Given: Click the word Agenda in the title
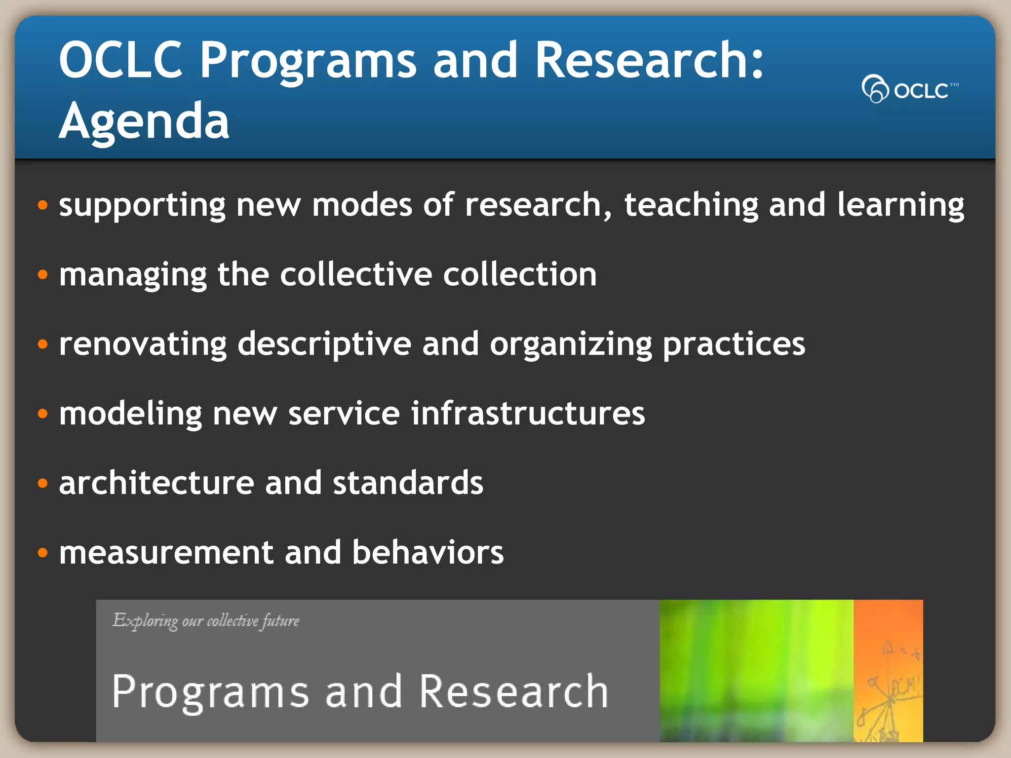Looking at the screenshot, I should [x=144, y=121].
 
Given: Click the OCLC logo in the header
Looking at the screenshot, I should [x=909, y=89].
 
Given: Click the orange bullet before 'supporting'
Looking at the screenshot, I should [x=43, y=205].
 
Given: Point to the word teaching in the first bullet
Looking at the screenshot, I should [x=691, y=205].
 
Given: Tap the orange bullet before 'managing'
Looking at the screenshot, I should [x=43, y=274].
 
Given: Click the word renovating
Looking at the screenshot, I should [x=143, y=344].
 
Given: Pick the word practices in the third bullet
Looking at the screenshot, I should [x=734, y=344].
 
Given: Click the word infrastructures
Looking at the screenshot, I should [x=528, y=413].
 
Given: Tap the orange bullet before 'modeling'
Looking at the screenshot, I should [x=43, y=413].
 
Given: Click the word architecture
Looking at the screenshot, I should [x=156, y=483].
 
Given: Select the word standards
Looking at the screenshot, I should [x=408, y=483].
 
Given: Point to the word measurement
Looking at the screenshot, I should [x=166, y=552].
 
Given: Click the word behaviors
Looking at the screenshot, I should [x=428, y=552].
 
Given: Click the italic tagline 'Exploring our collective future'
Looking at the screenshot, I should [x=206, y=621].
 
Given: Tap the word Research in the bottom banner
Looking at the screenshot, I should [x=513, y=692].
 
